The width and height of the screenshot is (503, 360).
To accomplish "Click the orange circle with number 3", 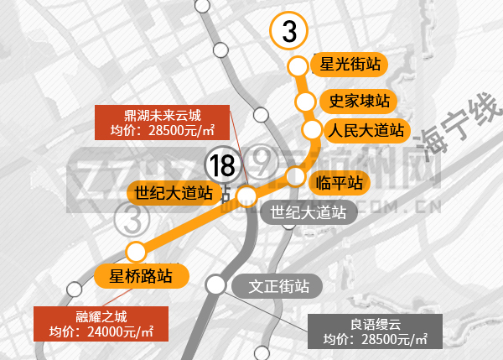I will (289, 32).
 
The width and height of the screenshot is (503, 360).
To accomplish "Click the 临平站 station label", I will (340, 181).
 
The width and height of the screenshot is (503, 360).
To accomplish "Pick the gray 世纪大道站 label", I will (309, 211).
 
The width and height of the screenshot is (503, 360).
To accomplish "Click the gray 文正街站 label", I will (272, 285).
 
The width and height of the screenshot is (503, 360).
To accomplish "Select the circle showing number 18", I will (223, 165).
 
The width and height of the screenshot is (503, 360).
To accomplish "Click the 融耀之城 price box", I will (101, 324).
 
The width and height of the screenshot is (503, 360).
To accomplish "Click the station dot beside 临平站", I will (295, 176).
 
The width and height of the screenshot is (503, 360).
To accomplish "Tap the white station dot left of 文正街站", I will (216, 284).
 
